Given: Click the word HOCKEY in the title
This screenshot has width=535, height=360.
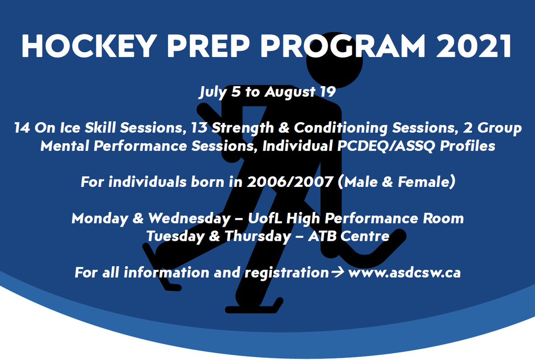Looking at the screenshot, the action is pyautogui.click(x=89, y=46).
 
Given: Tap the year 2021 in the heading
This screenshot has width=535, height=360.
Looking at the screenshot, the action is pyautogui.click(x=473, y=46).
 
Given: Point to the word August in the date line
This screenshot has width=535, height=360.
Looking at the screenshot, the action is pyautogui.click(x=290, y=92).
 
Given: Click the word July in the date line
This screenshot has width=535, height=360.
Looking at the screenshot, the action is pyautogui.click(x=213, y=92).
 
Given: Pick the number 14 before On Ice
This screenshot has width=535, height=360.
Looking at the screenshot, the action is pyautogui.click(x=22, y=128).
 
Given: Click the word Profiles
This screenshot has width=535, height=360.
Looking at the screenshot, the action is pyautogui.click(x=467, y=145).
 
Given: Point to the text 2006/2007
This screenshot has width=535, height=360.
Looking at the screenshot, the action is pyautogui.click(x=290, y=182).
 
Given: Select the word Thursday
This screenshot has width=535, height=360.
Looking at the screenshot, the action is pyautogui.click(x=258, y=236).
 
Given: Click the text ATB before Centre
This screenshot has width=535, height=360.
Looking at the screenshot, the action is pyautogui.click(x=322, y=236).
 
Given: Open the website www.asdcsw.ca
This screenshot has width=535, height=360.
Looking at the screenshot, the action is pyautogui.click(x=404, y=273).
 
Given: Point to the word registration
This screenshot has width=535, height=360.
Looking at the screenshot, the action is pyautogui.click(x=287, y=273).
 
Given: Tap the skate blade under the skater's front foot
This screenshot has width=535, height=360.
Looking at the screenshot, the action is pyautogui.click(x=253, y=308).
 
